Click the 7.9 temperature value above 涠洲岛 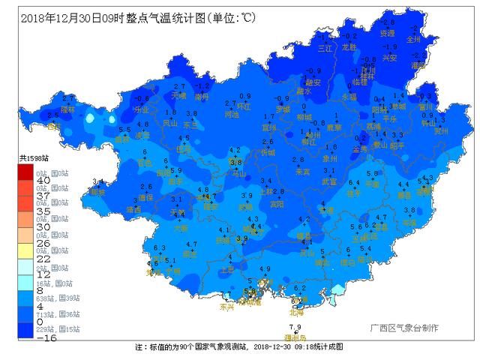(295, 327)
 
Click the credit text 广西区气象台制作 (404, 328)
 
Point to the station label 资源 (387, 33)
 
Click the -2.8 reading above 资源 (386, 23)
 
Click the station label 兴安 (390, 57)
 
